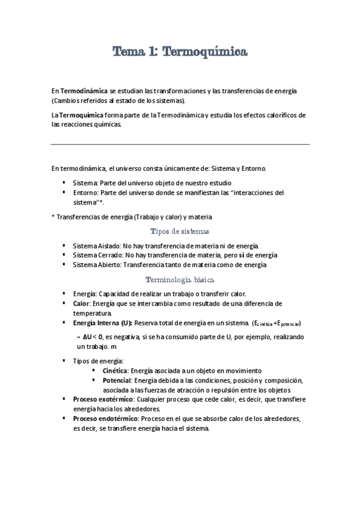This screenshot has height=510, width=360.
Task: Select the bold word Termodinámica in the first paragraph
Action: click(83, 90)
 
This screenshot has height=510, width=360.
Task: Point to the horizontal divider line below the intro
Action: click(180, 144)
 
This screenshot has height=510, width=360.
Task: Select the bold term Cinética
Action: click(116, 370)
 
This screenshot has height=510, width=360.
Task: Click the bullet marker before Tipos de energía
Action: click(65, 361)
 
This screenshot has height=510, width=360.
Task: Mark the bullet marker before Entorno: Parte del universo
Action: click(65, 192)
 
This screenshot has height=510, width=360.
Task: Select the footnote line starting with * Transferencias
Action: click(132, 217)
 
